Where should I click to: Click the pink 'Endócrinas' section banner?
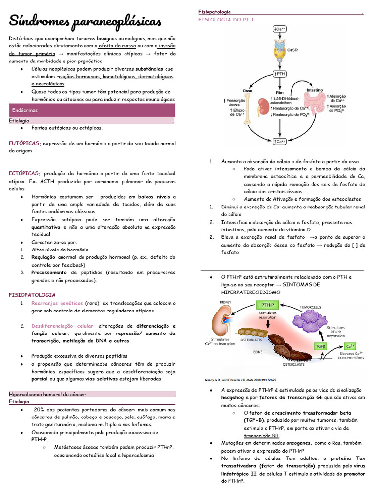point(92,110)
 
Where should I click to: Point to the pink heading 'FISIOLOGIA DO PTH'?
point(226,20)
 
